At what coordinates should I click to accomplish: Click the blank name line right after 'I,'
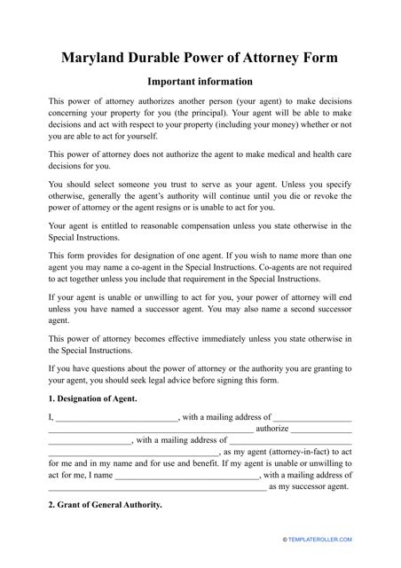117,420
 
